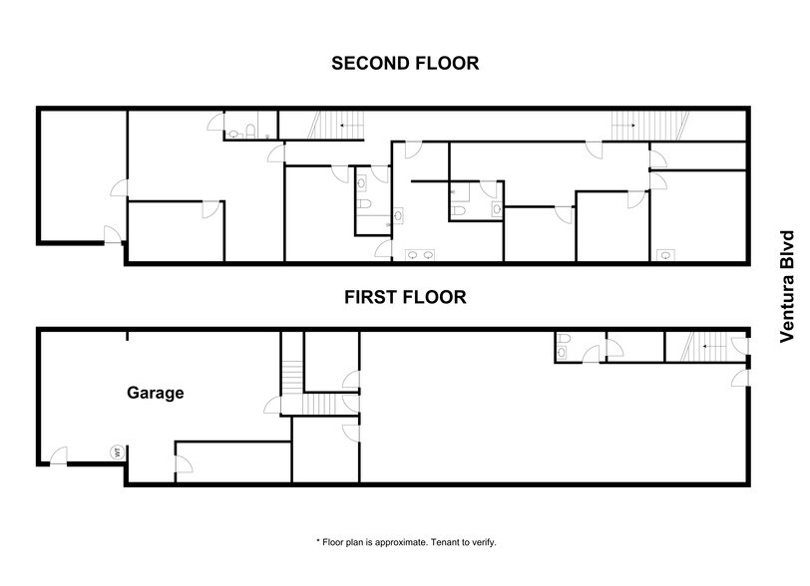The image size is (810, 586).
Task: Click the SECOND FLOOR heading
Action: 405,64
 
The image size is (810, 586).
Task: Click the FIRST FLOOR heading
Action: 405,296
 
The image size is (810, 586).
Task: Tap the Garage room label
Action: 155,393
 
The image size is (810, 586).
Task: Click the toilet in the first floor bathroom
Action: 564,347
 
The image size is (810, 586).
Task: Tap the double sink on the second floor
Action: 420,255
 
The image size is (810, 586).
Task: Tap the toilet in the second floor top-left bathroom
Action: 233,133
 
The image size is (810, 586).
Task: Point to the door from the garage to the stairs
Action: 272,405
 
